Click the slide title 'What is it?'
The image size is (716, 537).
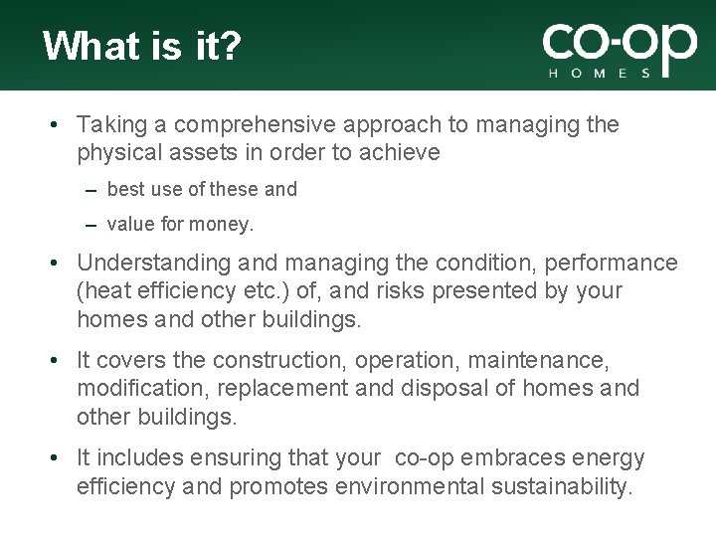tap(141, 47)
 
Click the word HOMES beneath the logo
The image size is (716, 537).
tap(601, 73)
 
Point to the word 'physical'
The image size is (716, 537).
tap(115, 152)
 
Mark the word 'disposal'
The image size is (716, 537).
tap(447, 388)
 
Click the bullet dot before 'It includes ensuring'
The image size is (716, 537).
tap(59, 458)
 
